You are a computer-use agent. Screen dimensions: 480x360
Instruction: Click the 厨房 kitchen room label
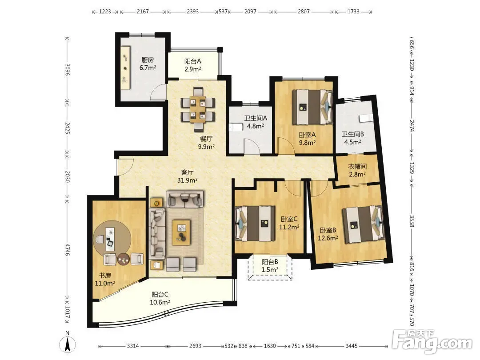[148, 60]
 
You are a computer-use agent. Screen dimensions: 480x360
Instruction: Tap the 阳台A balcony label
[192, 61]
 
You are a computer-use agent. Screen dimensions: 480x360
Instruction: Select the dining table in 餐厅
[197, 109]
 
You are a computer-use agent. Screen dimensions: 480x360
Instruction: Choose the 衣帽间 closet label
[357, 167]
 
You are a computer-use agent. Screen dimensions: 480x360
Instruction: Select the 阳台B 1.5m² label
[270, 266]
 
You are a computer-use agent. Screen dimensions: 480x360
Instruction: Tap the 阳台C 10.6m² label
[160, 299]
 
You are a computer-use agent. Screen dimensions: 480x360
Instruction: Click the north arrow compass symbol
[68, 344]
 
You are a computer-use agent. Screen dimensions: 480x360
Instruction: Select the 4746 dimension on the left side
[68, 250]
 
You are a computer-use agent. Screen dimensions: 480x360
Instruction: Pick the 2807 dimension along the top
[304, 12]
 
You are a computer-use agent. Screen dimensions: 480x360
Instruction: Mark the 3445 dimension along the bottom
[352, 346]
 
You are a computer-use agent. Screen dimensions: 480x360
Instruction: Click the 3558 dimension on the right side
[412, 221]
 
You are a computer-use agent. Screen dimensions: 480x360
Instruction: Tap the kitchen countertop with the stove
[125, 68]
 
